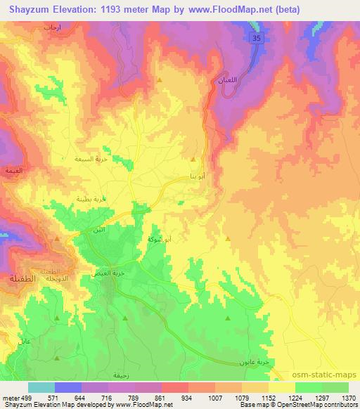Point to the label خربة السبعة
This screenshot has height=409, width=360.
coord(90,159)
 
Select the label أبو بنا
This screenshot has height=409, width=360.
coord(198,176)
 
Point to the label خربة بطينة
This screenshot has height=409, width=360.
coord(91,200)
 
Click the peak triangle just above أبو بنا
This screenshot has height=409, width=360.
coord(194,160)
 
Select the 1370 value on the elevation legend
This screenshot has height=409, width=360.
coord(349,397)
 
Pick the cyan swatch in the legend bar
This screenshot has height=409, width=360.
coord(41,387)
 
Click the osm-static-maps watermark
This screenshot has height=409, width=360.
coord(332,375)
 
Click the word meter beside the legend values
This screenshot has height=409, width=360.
coord(10,397)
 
